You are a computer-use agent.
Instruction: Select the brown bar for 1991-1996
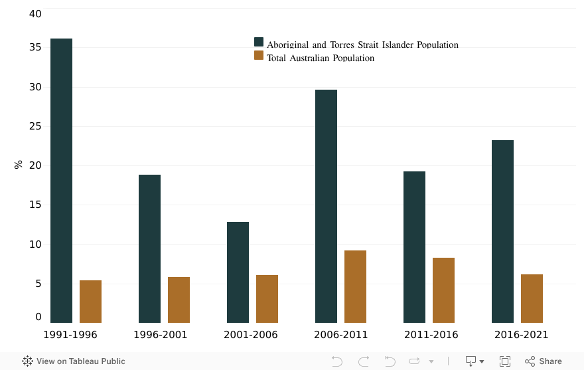tap(90, 302)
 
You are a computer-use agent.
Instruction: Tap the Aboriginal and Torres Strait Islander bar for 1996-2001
tap(149, 248)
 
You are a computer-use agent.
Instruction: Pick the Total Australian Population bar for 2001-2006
tap(267, 299)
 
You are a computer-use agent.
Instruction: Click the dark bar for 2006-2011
tap(326, 206)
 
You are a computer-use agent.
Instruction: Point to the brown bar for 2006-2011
tap(355, 286)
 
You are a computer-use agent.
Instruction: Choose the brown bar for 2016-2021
tap(532, 298)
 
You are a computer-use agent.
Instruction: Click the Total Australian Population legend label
tap(321, 58)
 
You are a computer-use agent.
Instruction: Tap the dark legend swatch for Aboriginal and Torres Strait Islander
tap(259, 43)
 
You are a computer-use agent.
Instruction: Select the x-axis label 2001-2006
tap(251, 335)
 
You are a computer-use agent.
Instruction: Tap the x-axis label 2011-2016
tap(431, 335)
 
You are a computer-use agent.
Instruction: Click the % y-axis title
tap(19, 164)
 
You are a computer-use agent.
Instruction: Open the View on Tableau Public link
tap(74, 361)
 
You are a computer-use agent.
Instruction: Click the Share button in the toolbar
tap(544, 361)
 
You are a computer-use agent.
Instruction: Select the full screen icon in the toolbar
tap(504, 361)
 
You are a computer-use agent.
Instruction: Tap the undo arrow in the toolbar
tap(337, 361)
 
